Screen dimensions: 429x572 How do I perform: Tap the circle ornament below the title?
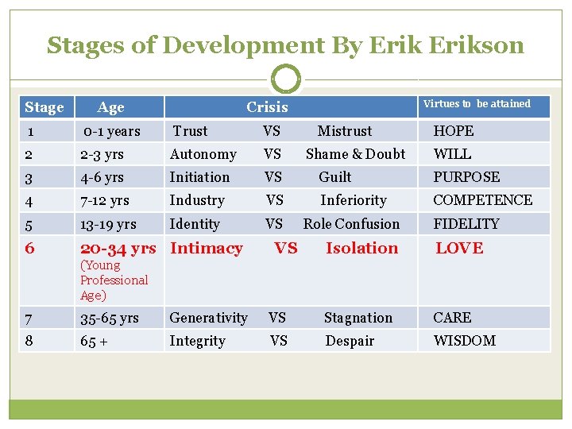(x=286, y=79)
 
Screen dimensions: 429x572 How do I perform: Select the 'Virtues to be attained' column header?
(x=477, y=104)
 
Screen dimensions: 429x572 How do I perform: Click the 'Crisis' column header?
(x=267, y=107)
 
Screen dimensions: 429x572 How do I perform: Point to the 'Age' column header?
(x=110, y=107)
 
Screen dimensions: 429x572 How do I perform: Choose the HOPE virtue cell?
(x=453, y=131)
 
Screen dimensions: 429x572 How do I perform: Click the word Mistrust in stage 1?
(x=344, y=131)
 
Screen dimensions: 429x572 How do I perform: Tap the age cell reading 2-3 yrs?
(x=102, y=154)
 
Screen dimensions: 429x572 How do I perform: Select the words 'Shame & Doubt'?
(x=355, y=154)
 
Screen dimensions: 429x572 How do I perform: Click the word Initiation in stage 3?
(x=199, y=177)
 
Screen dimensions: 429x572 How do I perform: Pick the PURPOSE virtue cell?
(x=466, y=177)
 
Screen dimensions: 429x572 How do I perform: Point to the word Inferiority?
(x=353, y=200)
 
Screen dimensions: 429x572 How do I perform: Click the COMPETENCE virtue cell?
(x=482, y=200)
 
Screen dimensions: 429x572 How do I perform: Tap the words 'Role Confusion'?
(x=351, y=224)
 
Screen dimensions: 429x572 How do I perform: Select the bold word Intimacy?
(x=206, y=248)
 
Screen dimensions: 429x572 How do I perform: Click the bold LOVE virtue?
(x=458, y=248)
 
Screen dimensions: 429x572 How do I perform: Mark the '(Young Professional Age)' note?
(x=114, y=280)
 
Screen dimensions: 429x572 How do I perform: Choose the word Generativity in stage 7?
(x=208, y=318)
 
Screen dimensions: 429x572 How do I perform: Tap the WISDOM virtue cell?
(x=464, y=341)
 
